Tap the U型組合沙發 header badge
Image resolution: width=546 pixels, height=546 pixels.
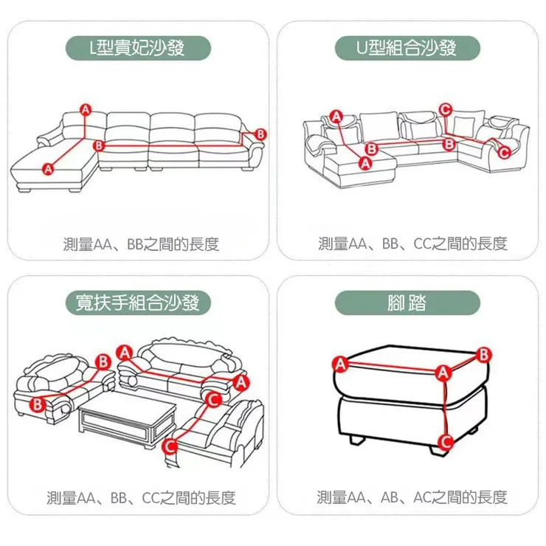(x=407, y=49)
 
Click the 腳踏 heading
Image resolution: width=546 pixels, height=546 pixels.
(x=407, y=303)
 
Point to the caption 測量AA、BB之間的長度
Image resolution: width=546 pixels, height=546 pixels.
(x=141, y=244)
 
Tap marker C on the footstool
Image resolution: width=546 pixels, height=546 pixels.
(x=444, y=441)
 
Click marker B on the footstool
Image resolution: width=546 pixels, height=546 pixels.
(x=484, y=354)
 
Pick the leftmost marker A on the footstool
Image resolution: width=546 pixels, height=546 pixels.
(x=339, y=364)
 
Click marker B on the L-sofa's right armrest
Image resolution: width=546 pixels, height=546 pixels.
(x=259, y=133)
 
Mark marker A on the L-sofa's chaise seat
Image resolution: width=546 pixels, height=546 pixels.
(x=48, y=169)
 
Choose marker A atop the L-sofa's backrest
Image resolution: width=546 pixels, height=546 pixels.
(x=86, y=110)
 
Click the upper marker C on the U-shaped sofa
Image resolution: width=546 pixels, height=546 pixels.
(x=445, y=109)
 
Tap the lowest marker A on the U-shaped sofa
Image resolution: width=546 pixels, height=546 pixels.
(x=364, y=162)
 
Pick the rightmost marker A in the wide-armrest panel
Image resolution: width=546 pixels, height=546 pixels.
(x=240, y=381)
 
